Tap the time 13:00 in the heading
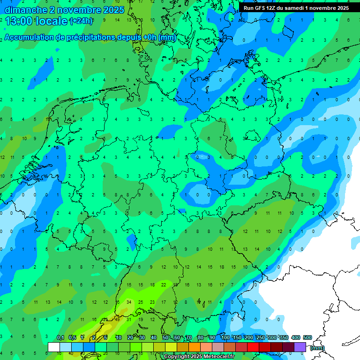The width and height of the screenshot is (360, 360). pos(19,21)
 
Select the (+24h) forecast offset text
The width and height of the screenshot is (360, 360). pos(81,21)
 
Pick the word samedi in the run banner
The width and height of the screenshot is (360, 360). pos(294,8)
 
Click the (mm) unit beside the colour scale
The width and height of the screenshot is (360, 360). pos(317,348)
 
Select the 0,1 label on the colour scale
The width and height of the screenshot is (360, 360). pos(60,338)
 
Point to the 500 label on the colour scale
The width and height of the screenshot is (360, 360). pos(307,338)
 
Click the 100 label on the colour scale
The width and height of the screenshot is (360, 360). pos(225,338)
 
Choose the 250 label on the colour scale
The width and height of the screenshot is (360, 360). pos(261,338)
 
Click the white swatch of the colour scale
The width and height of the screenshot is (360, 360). pos(54,347)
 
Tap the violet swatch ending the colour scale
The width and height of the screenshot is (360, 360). pos(300,347)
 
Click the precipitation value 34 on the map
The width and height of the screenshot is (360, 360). pos(129,302)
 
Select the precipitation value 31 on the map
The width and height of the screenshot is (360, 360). pos(129,320)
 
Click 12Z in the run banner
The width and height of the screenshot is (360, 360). pos(273,8)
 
